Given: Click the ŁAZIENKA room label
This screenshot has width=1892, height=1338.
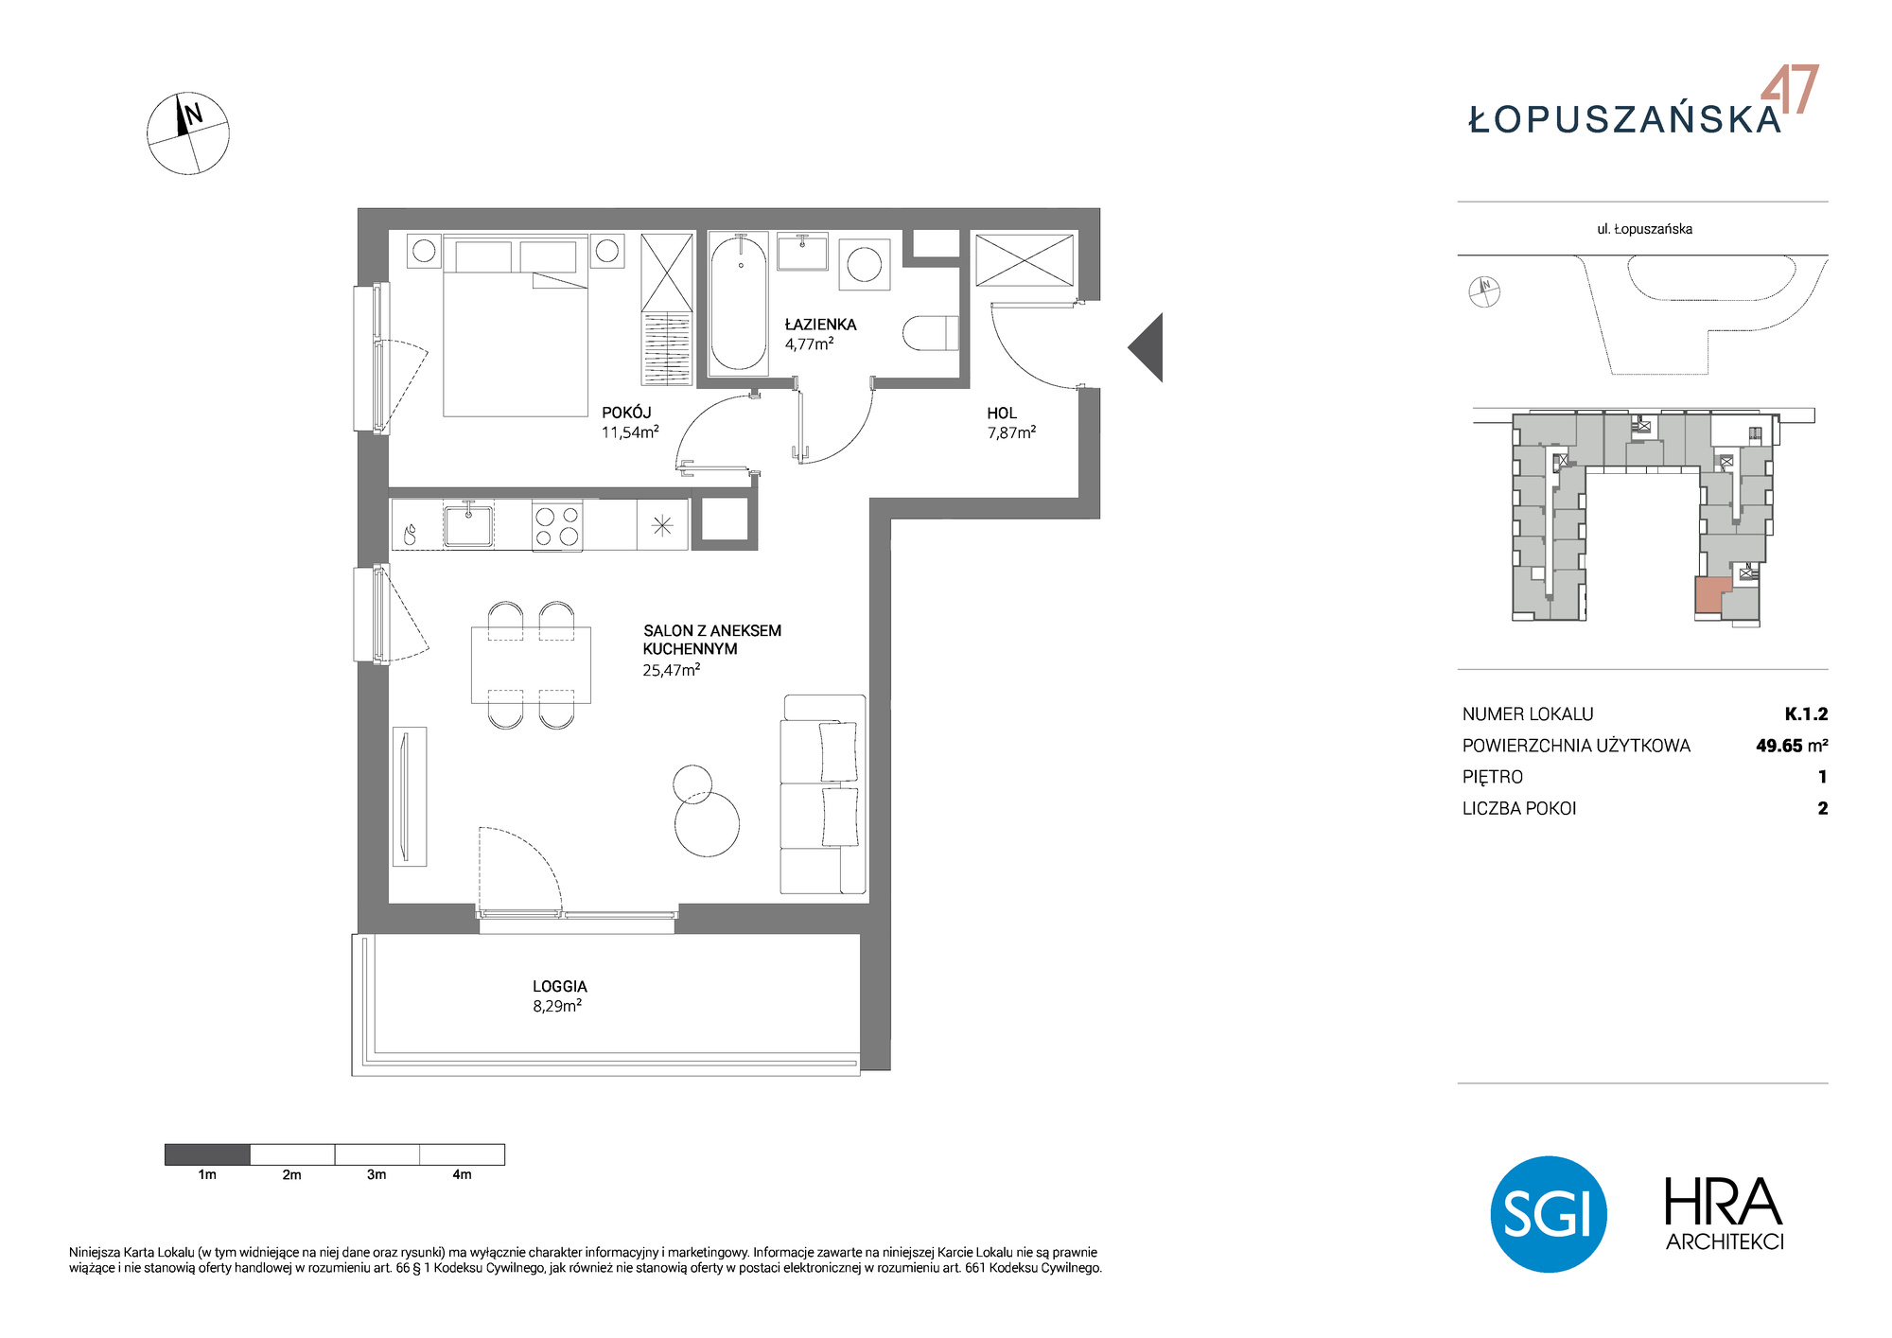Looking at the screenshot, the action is pos(820,325).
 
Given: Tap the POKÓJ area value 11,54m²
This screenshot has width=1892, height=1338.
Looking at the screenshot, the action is pos(630,432).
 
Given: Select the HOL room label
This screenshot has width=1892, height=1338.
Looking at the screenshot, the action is pos(1002,414).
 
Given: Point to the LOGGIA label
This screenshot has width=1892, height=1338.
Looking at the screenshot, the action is pos(560,986).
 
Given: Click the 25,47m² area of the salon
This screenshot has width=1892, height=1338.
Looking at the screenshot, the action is pos(672,670).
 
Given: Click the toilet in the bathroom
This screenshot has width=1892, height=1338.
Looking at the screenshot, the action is pos(931,333).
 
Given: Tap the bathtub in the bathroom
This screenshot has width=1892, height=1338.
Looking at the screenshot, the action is pos(739,304).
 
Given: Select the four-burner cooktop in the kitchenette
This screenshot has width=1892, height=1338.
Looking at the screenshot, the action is pos(557,526).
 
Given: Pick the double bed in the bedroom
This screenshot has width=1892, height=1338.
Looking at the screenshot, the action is pos(517,326).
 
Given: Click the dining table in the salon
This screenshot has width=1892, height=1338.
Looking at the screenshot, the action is pos(531,665).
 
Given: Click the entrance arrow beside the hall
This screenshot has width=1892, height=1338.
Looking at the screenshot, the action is pos(1146,347).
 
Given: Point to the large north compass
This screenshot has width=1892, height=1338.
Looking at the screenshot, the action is pos(188,133).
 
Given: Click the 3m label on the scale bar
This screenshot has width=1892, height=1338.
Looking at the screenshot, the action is pos(377,1174).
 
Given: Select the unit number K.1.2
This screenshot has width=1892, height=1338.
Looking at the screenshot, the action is pos(1806,714).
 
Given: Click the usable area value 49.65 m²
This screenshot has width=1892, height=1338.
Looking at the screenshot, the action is pos(1792,746).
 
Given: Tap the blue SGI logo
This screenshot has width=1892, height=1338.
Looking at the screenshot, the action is pos(1549,1214).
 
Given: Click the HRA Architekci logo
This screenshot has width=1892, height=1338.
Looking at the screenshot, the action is pos(1725,1214).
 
